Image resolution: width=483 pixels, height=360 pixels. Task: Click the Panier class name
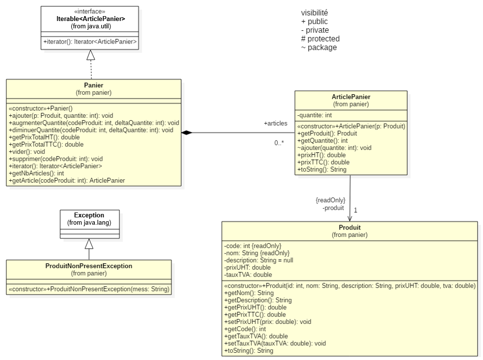(x=93, y=85)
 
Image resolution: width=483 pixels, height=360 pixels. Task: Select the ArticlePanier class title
(x=351, y=97)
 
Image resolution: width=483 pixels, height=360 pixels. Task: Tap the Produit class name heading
(x=349, y=228)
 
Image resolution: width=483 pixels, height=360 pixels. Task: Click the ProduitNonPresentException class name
(x=88, y=266)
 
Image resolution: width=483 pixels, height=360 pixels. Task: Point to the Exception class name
(x=89, y=215)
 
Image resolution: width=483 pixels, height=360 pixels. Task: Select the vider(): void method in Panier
(x=27, y=151)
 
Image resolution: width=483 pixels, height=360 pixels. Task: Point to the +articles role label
(x=275, y=124)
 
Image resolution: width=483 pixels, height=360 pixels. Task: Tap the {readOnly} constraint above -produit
(x=330, y=200)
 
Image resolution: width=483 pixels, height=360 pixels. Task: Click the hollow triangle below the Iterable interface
(x=90, y=55)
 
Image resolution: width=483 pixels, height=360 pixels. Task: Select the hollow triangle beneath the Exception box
(x=89, y=243)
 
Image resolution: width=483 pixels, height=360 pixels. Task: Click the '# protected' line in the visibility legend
(x=320, y=39)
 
